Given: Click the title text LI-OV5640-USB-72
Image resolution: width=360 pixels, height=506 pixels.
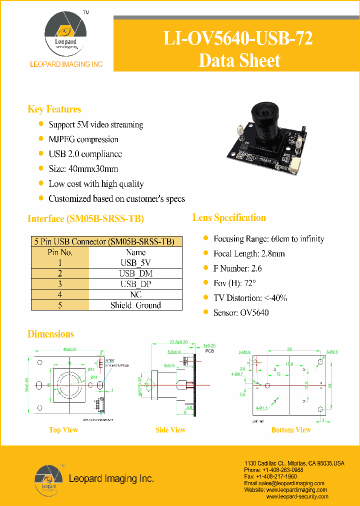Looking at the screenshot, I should point(239,38).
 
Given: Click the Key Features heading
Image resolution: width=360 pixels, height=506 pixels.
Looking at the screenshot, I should point(54,109).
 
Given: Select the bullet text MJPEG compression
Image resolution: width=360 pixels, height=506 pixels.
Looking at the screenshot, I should point(83,139).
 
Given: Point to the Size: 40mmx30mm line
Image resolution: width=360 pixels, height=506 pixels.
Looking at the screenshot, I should point(83,169).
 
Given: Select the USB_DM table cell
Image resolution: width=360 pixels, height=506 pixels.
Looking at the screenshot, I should point(135,273).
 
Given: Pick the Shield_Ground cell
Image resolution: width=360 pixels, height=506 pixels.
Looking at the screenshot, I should point(135,305).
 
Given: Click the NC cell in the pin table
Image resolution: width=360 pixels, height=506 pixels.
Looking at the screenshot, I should point(135,294).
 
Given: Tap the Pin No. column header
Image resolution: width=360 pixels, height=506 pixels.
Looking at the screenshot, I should point(60,252).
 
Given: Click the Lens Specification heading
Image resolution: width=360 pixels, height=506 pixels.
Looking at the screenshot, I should point(229,217).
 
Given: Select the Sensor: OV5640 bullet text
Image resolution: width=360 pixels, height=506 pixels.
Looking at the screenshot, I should point(241,313).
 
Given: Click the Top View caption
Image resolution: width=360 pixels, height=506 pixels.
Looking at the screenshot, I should point(63,430).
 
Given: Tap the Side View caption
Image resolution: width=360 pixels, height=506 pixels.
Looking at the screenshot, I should point(170,430).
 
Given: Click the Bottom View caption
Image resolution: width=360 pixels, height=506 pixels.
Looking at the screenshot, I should point(291,430).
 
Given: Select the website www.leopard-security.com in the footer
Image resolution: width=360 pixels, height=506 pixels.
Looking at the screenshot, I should point(297,496).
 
